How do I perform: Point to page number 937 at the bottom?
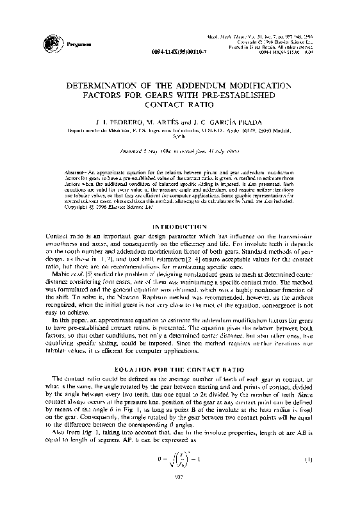[180, 511]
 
